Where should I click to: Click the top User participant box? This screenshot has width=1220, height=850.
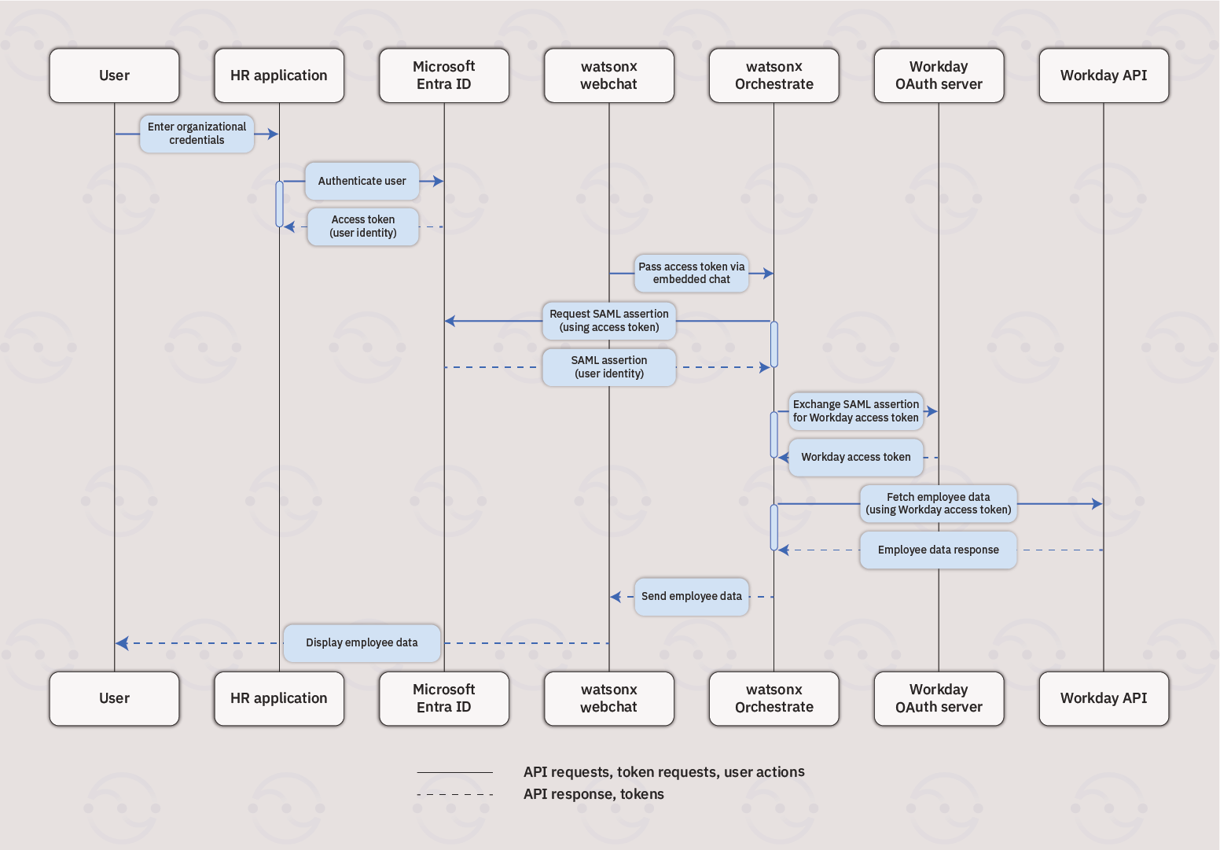114,75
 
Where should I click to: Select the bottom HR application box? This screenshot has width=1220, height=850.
279,698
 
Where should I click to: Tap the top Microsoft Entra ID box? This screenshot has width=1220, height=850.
444,75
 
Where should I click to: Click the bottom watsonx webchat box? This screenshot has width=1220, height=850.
608,698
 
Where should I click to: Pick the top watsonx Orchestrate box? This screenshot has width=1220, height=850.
774,75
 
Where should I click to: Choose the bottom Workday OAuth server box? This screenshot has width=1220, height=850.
939,698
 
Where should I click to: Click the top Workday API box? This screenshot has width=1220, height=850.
1103,75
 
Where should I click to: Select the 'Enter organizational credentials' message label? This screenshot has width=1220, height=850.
197,134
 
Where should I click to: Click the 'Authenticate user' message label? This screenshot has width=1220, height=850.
362,181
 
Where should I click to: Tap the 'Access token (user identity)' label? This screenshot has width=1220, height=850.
362,226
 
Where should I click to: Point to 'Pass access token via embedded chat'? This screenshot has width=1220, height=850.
691,273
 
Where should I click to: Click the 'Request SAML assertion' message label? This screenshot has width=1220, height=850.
608,321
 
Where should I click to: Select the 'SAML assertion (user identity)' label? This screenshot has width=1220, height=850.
608,367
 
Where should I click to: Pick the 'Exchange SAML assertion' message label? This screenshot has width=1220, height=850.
855,411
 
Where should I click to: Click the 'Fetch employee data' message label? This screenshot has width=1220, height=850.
938,503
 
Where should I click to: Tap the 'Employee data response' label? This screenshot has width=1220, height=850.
938,550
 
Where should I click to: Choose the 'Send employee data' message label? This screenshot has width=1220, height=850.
691,596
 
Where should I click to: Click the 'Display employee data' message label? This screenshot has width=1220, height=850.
362,642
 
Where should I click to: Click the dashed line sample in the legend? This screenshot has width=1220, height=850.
454,794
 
